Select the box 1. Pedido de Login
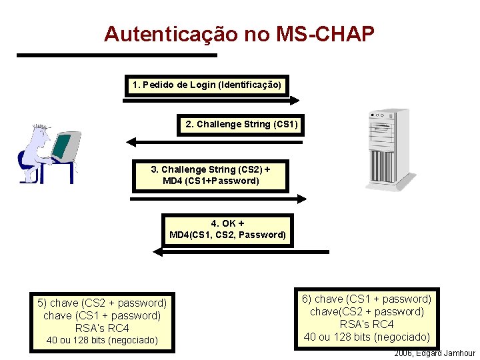click(207, 85)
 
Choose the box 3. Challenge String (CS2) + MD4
click(211, 175)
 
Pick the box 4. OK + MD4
click(228, 229)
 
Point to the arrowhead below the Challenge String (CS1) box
click(131, 141)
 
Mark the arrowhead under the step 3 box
click(301, 198)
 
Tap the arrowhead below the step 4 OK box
click(158, 252)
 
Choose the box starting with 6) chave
click(367, 317)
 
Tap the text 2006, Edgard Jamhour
click(435, 353)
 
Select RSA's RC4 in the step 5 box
click(102, 328)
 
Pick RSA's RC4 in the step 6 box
click(367, 324)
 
